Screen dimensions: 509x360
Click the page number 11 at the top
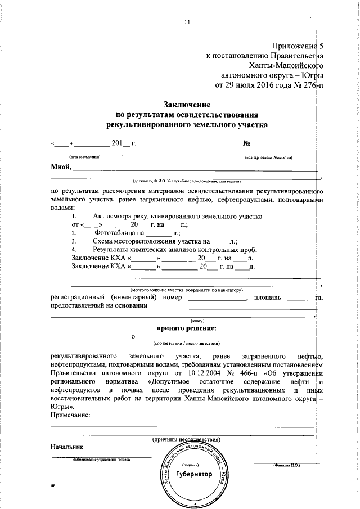pos(187,22)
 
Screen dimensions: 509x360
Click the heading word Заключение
pos(187,104)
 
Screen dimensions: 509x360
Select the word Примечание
pos(70,415)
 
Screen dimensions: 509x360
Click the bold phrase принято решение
pos(187,328)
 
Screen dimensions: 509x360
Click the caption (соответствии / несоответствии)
pos(187,343)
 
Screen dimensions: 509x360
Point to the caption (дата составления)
pos(84,157)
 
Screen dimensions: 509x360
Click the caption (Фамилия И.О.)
pos(286,466)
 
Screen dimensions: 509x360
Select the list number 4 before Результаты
pos(73,249)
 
